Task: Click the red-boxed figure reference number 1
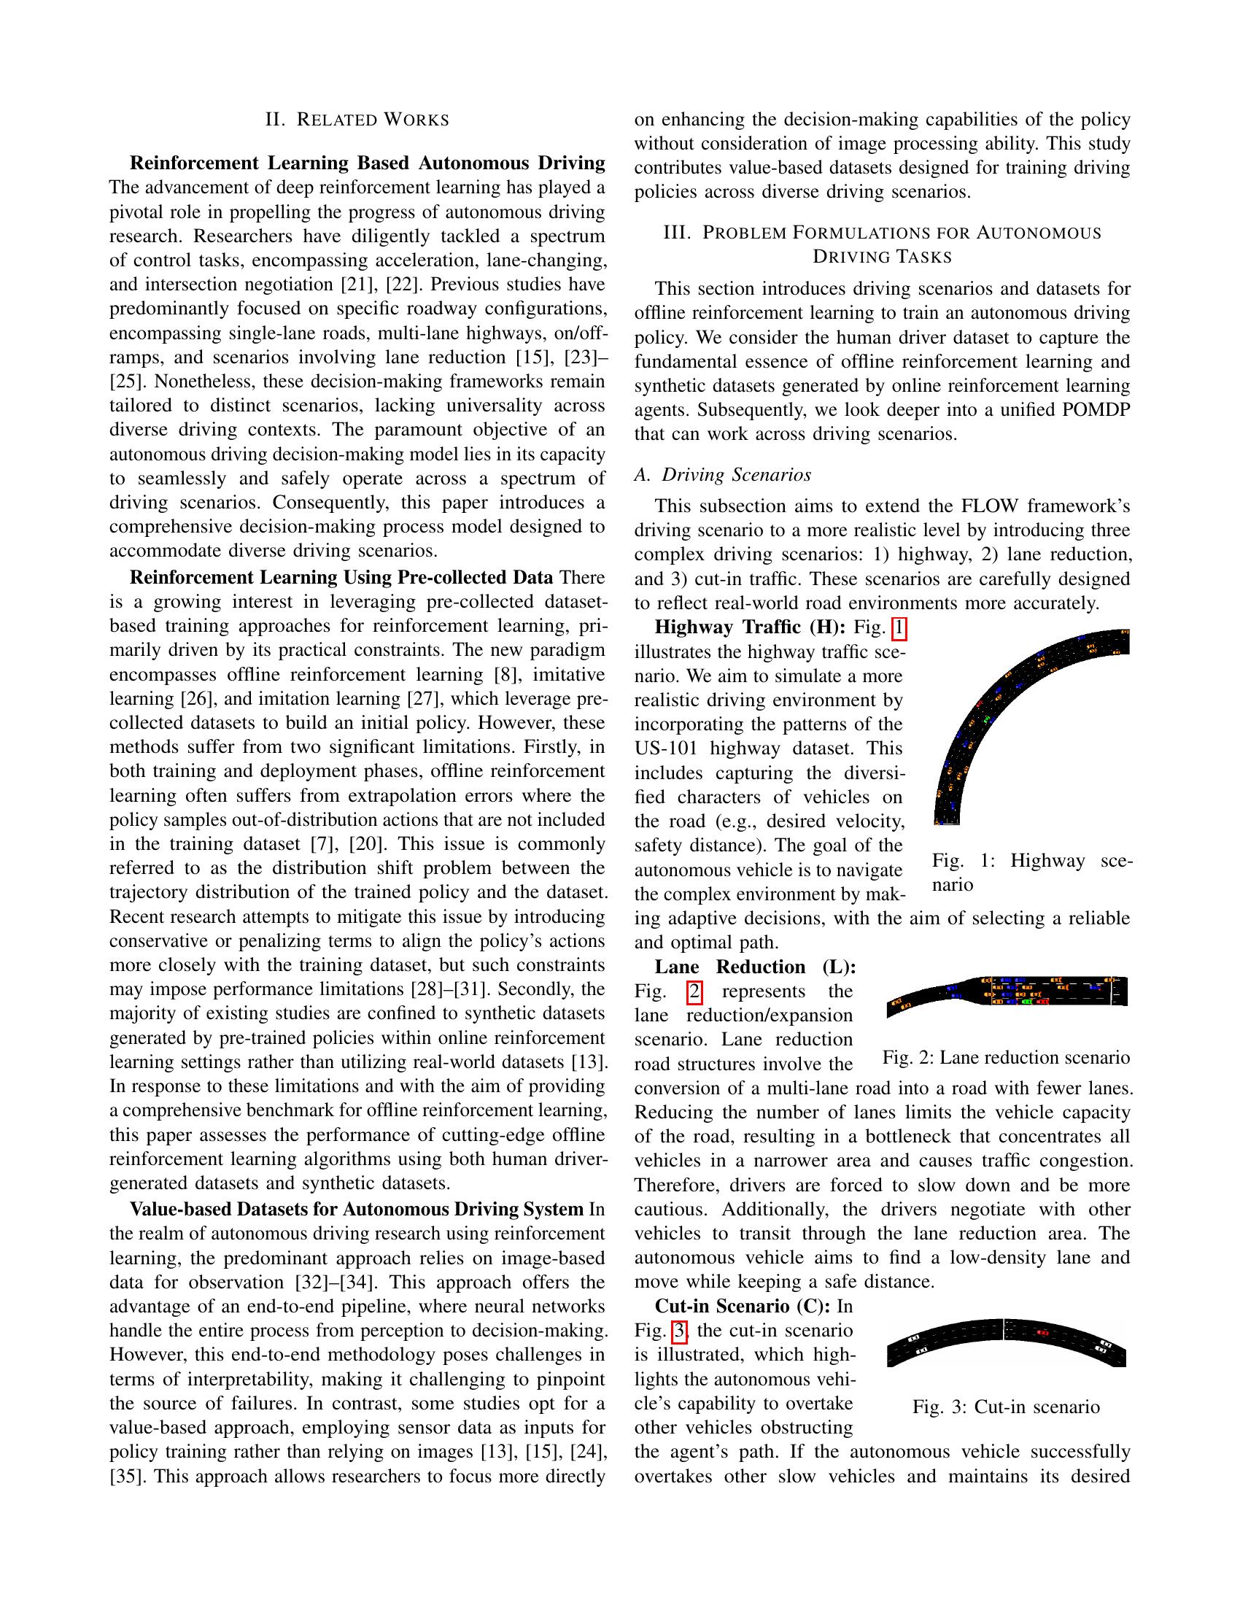(x=899, y=629)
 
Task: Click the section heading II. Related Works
(x=357, y=120)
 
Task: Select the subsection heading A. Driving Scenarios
(x=723, y=476)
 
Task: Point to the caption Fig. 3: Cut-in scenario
(x=1006, y=1408)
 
